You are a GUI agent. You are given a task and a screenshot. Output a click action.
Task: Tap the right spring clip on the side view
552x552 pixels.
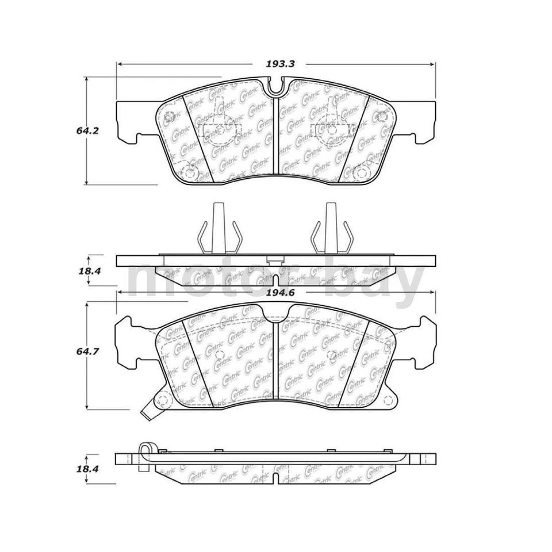point(330,230)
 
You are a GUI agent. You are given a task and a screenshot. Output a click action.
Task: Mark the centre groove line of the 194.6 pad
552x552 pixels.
point(277,362)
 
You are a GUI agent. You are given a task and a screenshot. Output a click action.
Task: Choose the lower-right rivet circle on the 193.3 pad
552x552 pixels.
point(361,172)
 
